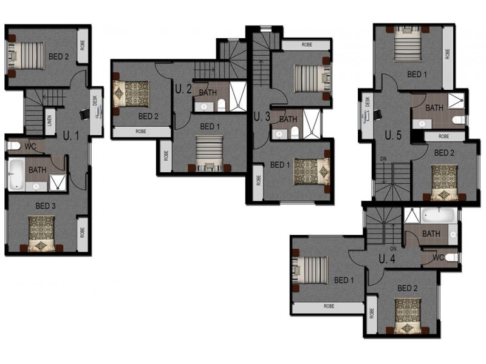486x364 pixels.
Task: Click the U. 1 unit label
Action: pos(71,135)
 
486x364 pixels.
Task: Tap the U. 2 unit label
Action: pos(183,89)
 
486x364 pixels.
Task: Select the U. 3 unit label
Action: pos(262,116)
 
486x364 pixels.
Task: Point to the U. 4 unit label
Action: pos(387,259)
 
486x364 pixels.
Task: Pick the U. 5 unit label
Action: pos(393,135)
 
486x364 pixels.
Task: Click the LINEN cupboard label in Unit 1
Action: pos(50,121)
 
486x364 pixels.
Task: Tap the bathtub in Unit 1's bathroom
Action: pos(16,174)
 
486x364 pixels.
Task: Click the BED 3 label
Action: pos(46,206)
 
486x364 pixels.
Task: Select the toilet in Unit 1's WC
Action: pos(13,146)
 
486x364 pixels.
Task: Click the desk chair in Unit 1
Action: pos(84,114)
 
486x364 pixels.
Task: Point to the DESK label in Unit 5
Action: pos(368,101)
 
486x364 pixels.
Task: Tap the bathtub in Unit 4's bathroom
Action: pos(438,215)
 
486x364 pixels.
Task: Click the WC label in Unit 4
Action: pos(438,257)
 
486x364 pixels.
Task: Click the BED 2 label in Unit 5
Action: pos(444,153)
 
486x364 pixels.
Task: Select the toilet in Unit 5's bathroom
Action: pos(459,120)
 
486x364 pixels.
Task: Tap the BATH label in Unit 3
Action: pos(288,119)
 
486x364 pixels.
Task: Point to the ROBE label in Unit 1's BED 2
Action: pos(83,45)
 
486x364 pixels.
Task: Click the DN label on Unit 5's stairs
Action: pos(383,159)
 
